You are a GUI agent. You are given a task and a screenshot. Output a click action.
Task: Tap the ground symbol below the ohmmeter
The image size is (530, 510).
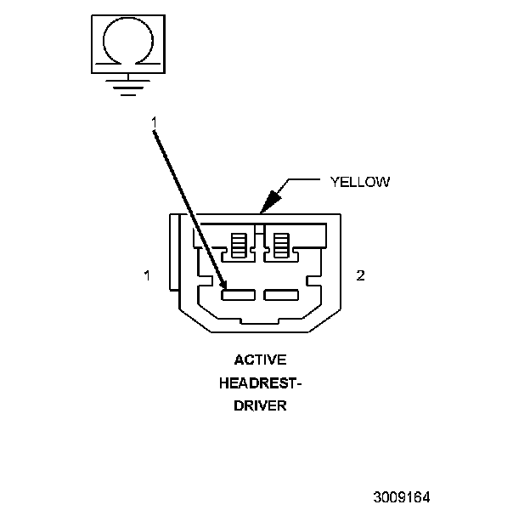pyautogui.click(x=127, y=85)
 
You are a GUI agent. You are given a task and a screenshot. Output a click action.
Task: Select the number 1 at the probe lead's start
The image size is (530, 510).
pyautogui.click(x=155, y=124)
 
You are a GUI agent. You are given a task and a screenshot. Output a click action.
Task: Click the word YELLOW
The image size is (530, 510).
pyautogui.click(x=359, y=181)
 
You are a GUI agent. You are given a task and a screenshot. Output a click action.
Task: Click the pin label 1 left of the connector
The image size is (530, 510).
pyautogui.click(x=147, y=275)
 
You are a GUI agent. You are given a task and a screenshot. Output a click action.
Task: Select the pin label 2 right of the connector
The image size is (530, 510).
pyautogui.click(x=360, y=275)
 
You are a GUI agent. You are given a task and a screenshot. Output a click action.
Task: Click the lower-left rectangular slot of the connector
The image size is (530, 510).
pyautogui.click(x=238, y=295)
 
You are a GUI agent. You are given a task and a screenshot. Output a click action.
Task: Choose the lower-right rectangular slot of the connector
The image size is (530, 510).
pyautogui.click(x=281, y=295)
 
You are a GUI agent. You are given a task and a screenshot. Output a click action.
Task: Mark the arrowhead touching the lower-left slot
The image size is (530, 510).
pyautogui.click(x=224, y=290)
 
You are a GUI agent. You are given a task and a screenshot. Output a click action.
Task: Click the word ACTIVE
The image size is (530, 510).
pyautogui.click(x=261, y=360)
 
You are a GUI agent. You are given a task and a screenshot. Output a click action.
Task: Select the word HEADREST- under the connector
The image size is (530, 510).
pyautogui.click(x=261, y=382)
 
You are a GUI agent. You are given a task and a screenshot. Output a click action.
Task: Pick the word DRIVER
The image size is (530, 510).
pyautogui.click(x=261, y=405)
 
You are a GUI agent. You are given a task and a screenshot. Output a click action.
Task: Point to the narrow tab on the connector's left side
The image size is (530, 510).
pyautogui.click(x=174, y=263)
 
